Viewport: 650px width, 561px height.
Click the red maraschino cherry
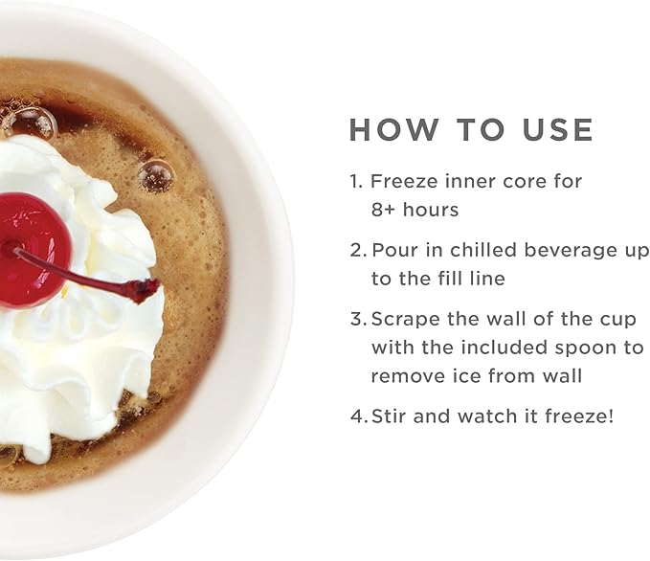(34, 250)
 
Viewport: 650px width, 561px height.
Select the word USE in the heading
(558, 130)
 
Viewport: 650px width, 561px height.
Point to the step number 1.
(356, 182)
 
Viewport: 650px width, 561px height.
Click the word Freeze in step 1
(404, 182)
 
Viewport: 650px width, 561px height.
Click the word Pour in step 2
(394, 251)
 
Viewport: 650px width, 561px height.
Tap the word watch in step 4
(488, 415)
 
